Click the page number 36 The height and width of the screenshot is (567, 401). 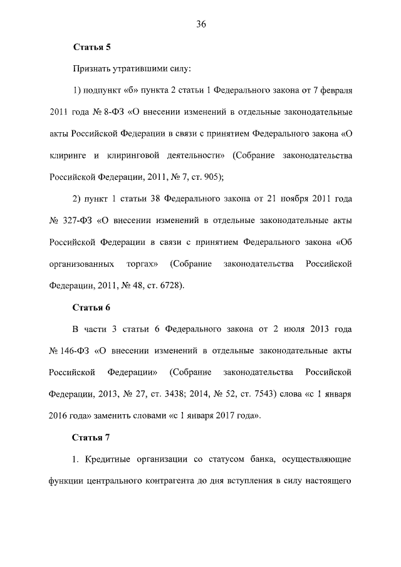coord(200,24)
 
